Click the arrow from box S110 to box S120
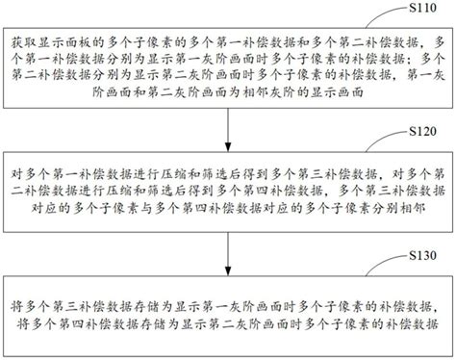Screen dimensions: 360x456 click(227, 129)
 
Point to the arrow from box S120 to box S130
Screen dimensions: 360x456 click(227, 250)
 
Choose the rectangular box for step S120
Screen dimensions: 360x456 click(227, 191)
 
